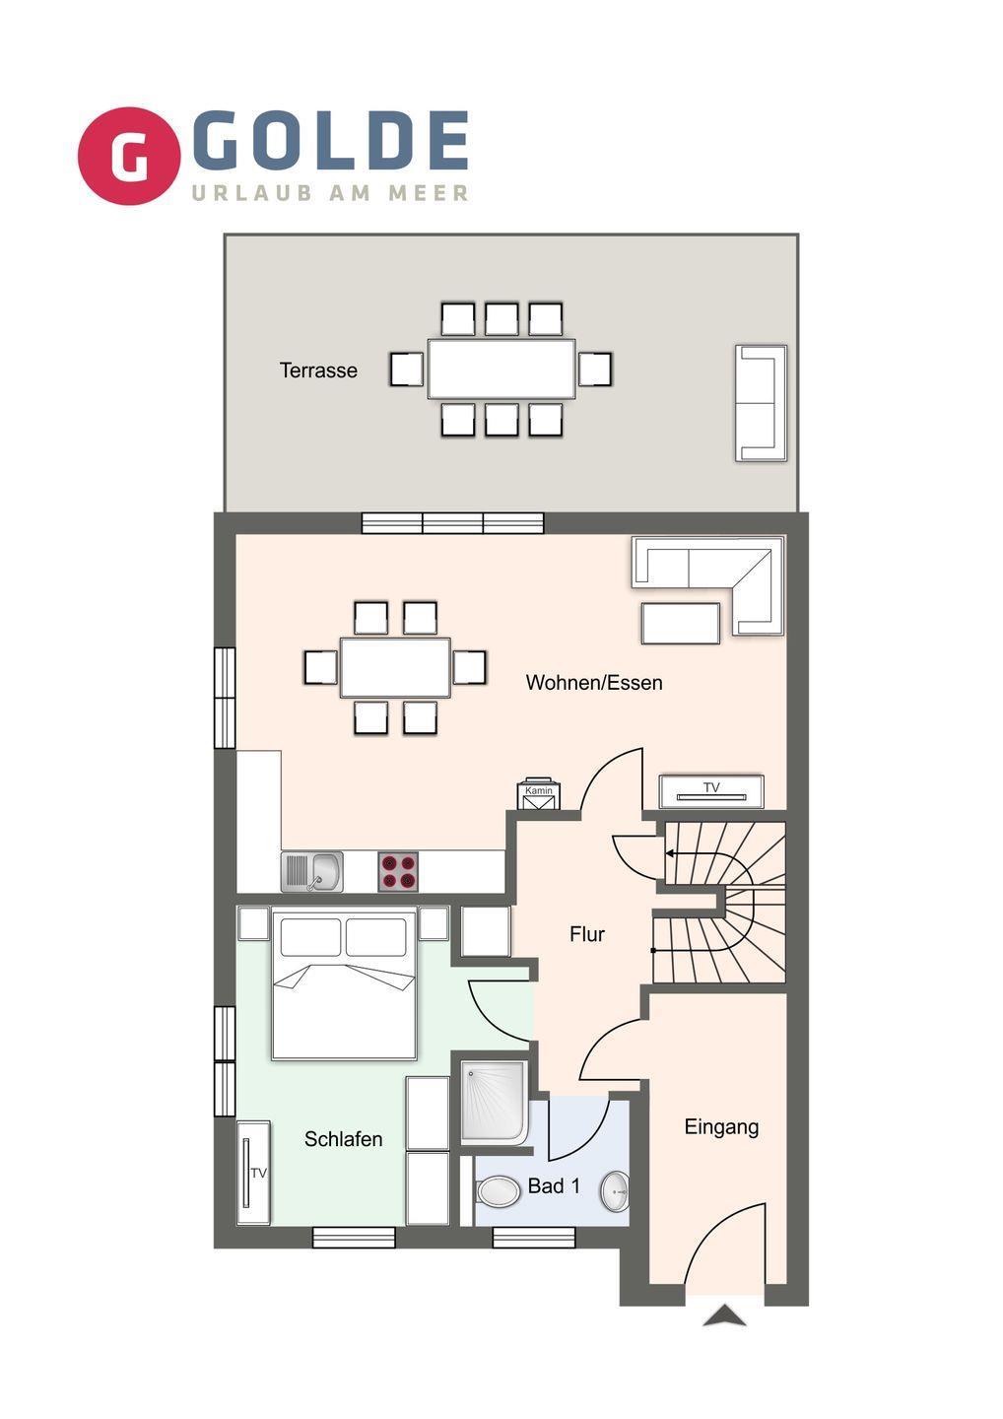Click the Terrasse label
click(318, 370)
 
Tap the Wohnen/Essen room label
click(594, 682)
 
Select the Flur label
click(587, 934)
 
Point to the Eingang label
click(721, 1127)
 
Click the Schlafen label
click(343, 1139)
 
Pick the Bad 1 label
click(554, 1185)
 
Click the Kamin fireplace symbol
click(539, 794)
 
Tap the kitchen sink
click(311, 872)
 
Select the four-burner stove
click(398, 872)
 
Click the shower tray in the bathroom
click(494, 1103)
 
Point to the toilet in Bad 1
click(498, 1191)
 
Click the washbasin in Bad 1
click(615, 1191)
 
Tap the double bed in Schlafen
click(344, 983)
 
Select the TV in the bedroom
click(252, 1174)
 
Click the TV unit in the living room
click(711, 791)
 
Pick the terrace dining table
click(501, 369)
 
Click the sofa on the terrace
click(761, 403)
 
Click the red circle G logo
click(128, 156)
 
